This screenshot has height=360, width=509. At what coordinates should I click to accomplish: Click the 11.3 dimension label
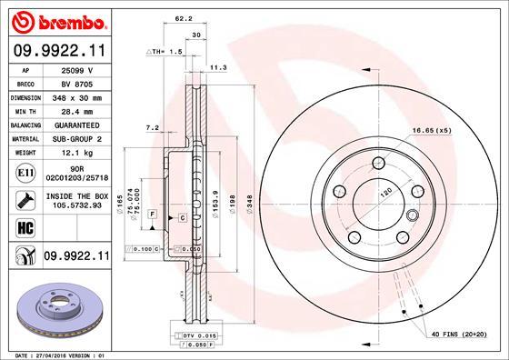[217, 67]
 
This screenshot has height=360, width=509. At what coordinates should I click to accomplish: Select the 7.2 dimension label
[153, 127]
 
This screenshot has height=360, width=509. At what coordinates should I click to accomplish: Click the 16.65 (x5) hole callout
[430, 131]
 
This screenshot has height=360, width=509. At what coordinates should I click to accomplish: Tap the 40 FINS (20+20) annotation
[456, 335]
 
